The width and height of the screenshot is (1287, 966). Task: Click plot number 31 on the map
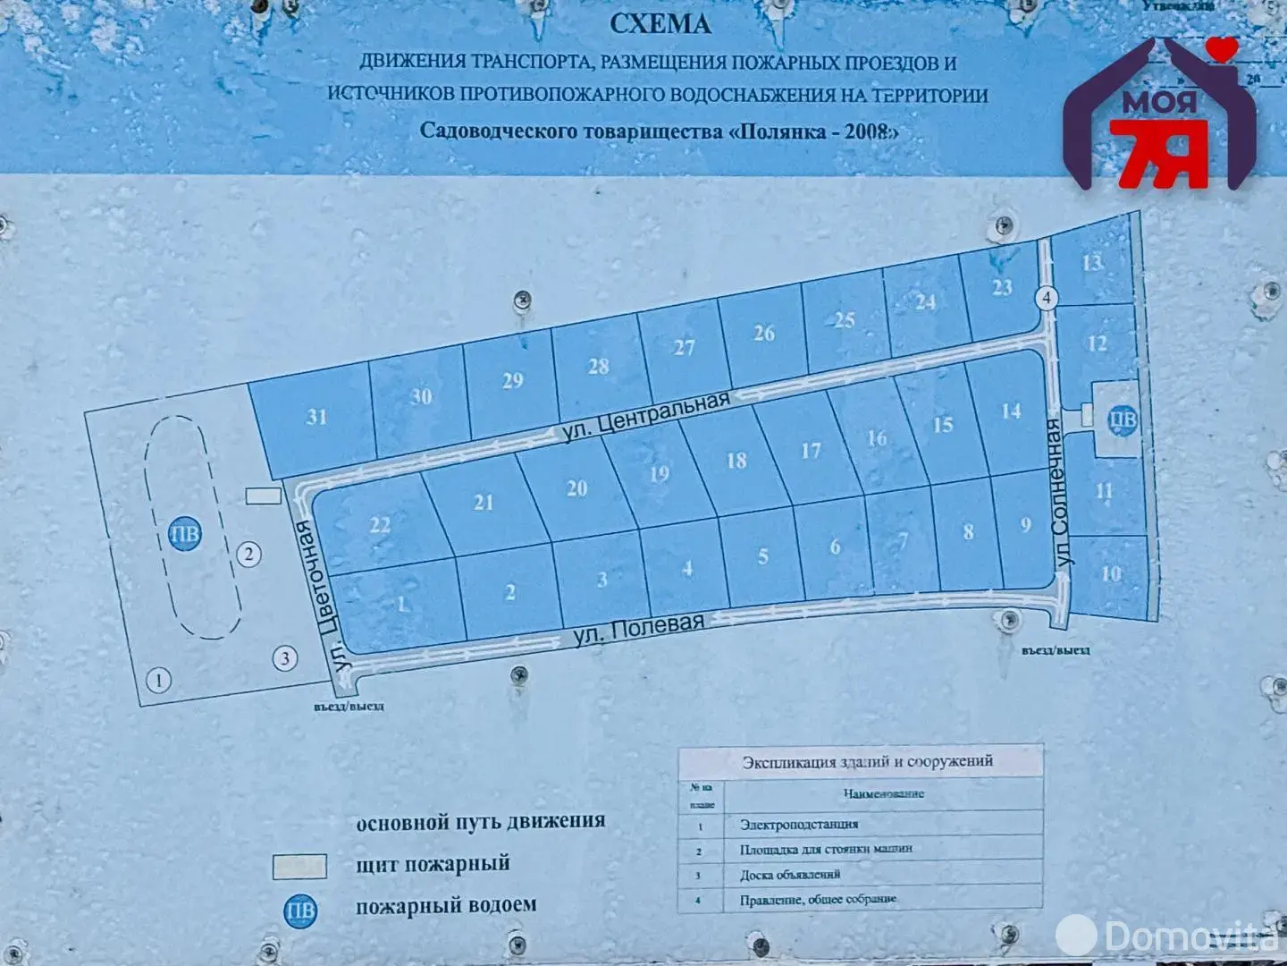click(x=316, y=417)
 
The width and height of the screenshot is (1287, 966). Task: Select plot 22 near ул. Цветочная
click(x=380, y=524)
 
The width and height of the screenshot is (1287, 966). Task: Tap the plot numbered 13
click(x=1092, y=263)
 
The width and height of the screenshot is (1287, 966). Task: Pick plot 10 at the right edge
click(x=1111, y=573)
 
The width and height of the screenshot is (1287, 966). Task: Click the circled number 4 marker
click(x=1047, y=299)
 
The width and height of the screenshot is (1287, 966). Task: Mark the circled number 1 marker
click(x=159, y=682)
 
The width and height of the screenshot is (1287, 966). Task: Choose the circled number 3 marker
click(x=284, y=660)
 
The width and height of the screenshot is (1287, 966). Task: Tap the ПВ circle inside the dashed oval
click(x=185, y=535)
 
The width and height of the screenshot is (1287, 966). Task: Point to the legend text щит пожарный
click(x=433, y=864)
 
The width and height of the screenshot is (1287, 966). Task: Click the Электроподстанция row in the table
click(x=799, y=825)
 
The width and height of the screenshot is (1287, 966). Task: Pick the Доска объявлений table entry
click(x=790, y=875)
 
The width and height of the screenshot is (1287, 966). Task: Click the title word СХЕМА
click(x=660, y=24)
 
